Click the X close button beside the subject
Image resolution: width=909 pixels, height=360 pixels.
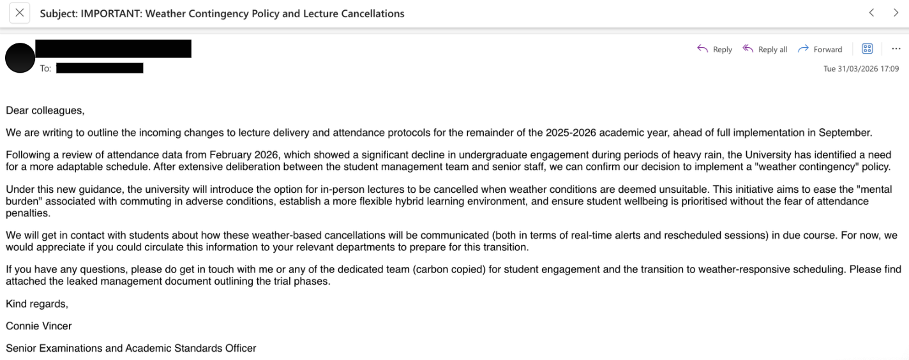[19, 13]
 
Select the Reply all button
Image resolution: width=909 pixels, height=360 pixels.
[765, 49]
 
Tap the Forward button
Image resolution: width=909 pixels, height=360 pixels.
[820, 49]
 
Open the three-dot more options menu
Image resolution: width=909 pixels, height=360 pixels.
[896, 49]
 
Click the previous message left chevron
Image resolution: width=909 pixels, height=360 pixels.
[871, 13]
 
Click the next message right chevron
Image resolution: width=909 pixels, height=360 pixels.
[896, 13]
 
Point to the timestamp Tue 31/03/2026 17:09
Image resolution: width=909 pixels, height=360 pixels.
[860, 69]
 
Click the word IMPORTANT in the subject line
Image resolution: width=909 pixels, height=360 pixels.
[110, 13]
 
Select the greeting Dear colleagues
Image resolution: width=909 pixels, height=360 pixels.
[45, 110]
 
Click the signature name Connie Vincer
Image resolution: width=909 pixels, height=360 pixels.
[38, 326]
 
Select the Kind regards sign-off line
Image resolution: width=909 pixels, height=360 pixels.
[36, 304]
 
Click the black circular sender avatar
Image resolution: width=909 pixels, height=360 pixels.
[19, 58]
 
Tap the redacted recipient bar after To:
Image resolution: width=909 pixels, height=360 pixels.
[100, 68]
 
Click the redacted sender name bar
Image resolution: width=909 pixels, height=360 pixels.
[113, 49]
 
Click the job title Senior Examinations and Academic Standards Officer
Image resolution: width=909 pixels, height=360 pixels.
[131, 348]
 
